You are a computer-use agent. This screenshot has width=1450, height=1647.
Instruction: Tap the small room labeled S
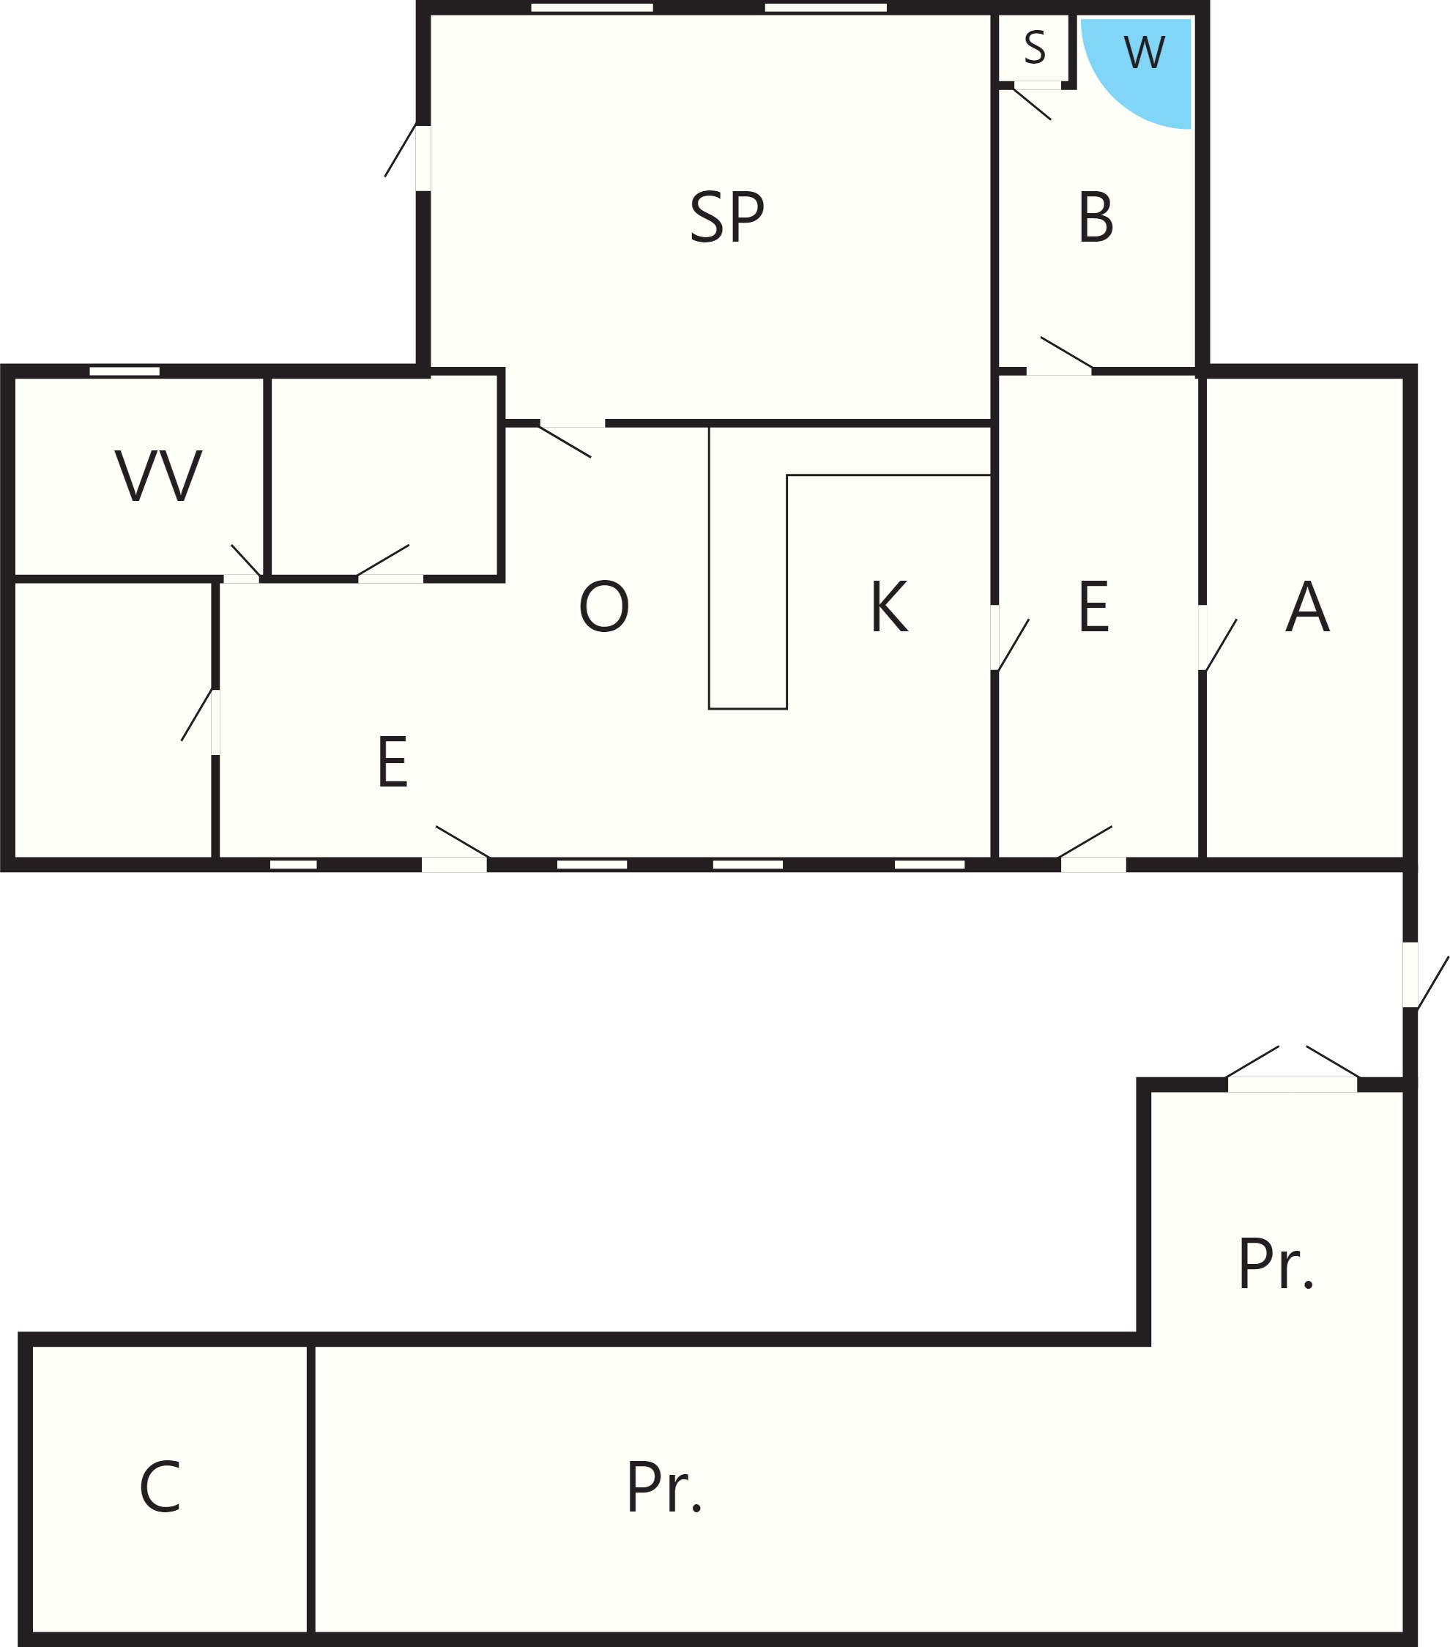1033,48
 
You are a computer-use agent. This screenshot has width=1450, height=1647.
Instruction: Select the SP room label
726,217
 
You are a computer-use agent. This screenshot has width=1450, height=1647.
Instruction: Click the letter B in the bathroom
1096,217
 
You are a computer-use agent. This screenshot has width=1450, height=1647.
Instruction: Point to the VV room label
158,475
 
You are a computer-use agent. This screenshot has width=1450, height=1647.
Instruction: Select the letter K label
889,606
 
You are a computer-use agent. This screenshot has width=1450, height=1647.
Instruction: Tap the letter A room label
1306,606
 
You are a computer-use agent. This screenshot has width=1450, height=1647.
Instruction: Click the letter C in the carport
160,1487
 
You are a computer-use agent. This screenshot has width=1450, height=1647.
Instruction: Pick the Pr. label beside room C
663,1487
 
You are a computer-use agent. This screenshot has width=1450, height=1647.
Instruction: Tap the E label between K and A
1093,606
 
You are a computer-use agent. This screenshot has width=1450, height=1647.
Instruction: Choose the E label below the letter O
393,762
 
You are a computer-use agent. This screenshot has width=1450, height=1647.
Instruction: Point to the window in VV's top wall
124,371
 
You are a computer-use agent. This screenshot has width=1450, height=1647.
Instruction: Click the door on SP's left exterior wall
409,157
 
